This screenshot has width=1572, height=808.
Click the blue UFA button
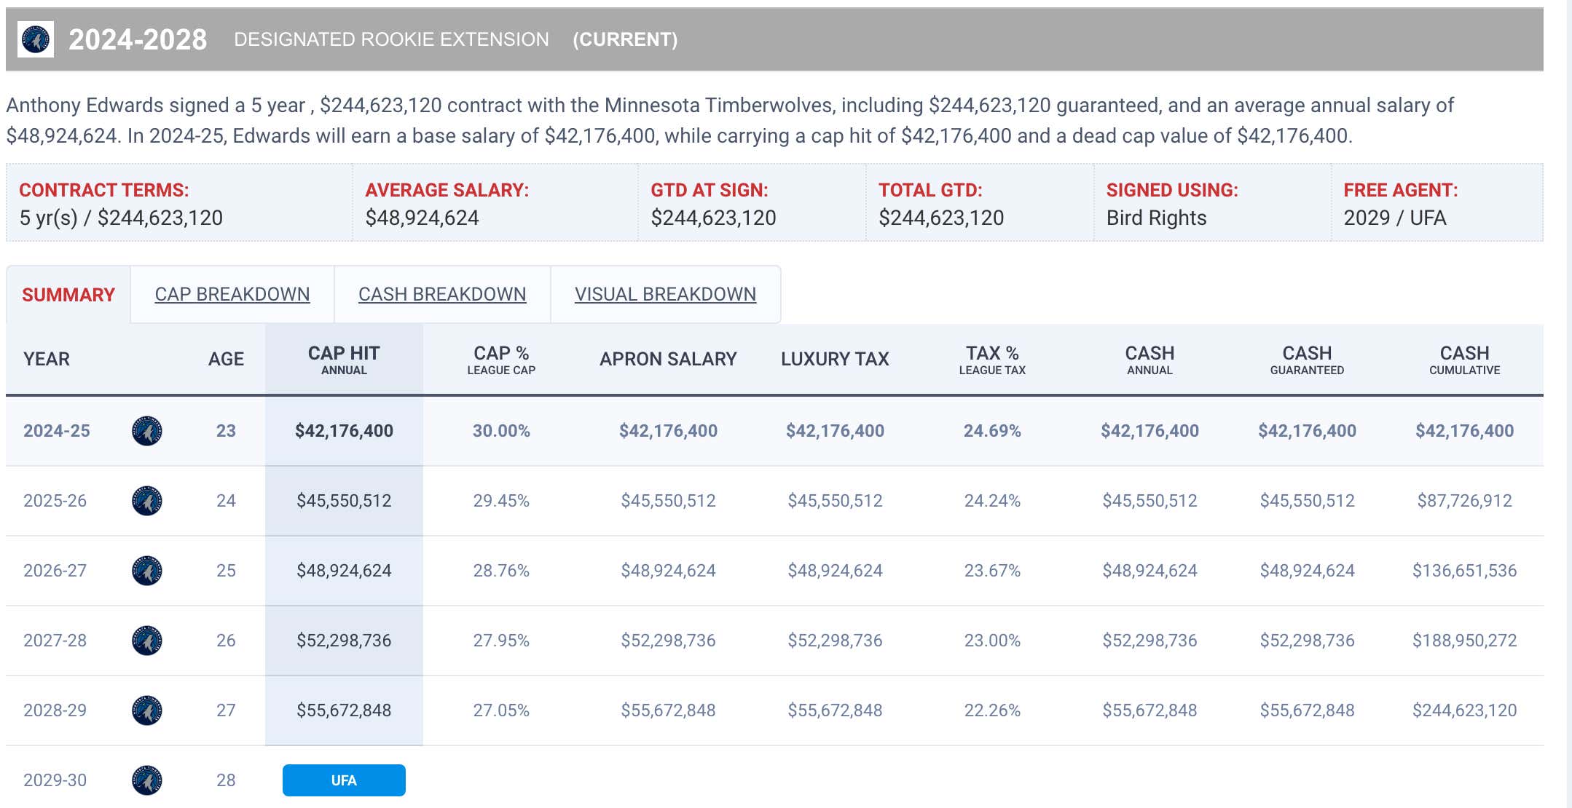point(344,780)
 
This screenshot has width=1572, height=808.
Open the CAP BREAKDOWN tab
point(232,294)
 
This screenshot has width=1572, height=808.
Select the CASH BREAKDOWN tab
point(442,294)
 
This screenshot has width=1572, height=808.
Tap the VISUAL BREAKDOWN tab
point(665,294)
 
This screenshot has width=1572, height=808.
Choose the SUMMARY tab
point(68,295)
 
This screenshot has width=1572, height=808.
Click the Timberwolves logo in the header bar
point(36,39)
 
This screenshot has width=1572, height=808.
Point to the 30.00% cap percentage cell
point(501,431)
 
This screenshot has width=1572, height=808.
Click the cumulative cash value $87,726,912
point(1464,501)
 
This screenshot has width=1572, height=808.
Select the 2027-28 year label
point(55,641)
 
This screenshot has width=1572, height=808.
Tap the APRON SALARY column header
point(668,359)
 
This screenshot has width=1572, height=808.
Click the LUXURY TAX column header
point(835,359)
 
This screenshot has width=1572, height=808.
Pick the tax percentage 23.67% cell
point(992,571)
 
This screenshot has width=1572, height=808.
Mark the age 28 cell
point(226,780)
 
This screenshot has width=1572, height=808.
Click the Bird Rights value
point(1156,218)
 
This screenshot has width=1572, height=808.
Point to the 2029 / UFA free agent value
point(1394,218)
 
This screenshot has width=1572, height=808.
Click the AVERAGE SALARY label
point(447,190)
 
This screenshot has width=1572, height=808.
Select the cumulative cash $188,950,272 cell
point(1464,641)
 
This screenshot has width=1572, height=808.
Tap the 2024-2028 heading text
point(138,39)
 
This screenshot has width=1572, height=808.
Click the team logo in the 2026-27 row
point(147,571)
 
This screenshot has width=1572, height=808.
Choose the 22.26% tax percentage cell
point(992,710)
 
